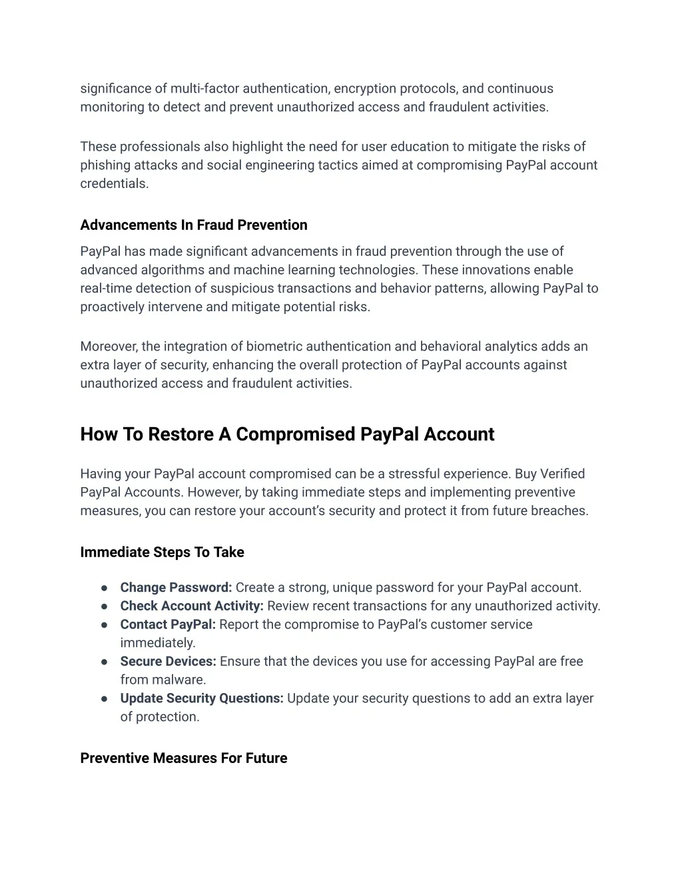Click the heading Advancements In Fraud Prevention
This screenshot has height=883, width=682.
click(x=194, y=225)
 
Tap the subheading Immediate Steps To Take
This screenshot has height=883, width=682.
click(x=162, y=552)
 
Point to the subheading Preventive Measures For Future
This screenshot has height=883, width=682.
click(x=184, y=758)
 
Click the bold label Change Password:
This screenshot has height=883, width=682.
click(x=176, y=588)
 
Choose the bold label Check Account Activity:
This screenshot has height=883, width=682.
click(x=192, y=606)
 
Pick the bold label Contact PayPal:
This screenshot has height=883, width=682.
click(x=168, y=625)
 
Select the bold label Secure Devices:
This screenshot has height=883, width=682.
click(x=168, y=662)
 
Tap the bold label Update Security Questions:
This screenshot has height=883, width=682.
click(x=202, y=698)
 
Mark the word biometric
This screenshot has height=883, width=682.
click(x=274, y=347)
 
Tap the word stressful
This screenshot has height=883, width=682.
click(x=419, y=474)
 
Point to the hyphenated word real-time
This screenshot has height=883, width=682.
click(x=105, y=289)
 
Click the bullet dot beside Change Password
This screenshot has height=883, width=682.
click(x=105, y=588)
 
